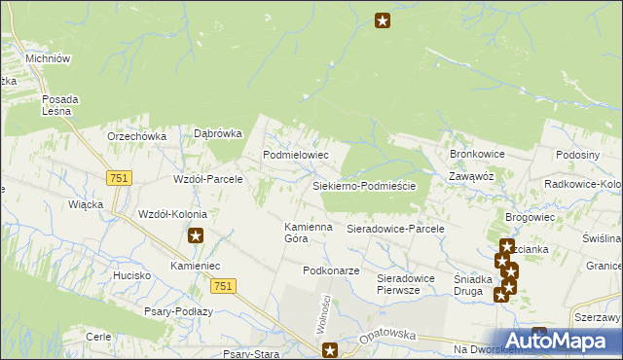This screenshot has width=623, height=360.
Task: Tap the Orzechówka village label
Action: [x=137, y=137]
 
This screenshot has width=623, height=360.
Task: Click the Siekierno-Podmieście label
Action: [x=364, y=186]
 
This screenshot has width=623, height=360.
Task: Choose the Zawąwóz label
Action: [x=472, y=176]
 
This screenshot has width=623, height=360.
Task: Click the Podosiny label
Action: [x=576, y=155]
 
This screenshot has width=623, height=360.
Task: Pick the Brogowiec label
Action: [x=530, y=218]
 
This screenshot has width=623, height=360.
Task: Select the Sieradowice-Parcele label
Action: [x=395, y=229]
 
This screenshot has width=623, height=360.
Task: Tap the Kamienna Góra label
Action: [x=309, y=233]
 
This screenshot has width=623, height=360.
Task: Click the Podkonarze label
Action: [x=332, y=270]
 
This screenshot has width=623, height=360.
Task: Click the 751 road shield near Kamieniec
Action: [x=222, y=284]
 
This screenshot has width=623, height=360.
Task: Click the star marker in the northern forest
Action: [x=383, y=20]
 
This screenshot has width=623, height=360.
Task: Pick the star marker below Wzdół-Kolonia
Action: [x=196, y=235]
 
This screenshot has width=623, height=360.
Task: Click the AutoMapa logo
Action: [x=562, y=341]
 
